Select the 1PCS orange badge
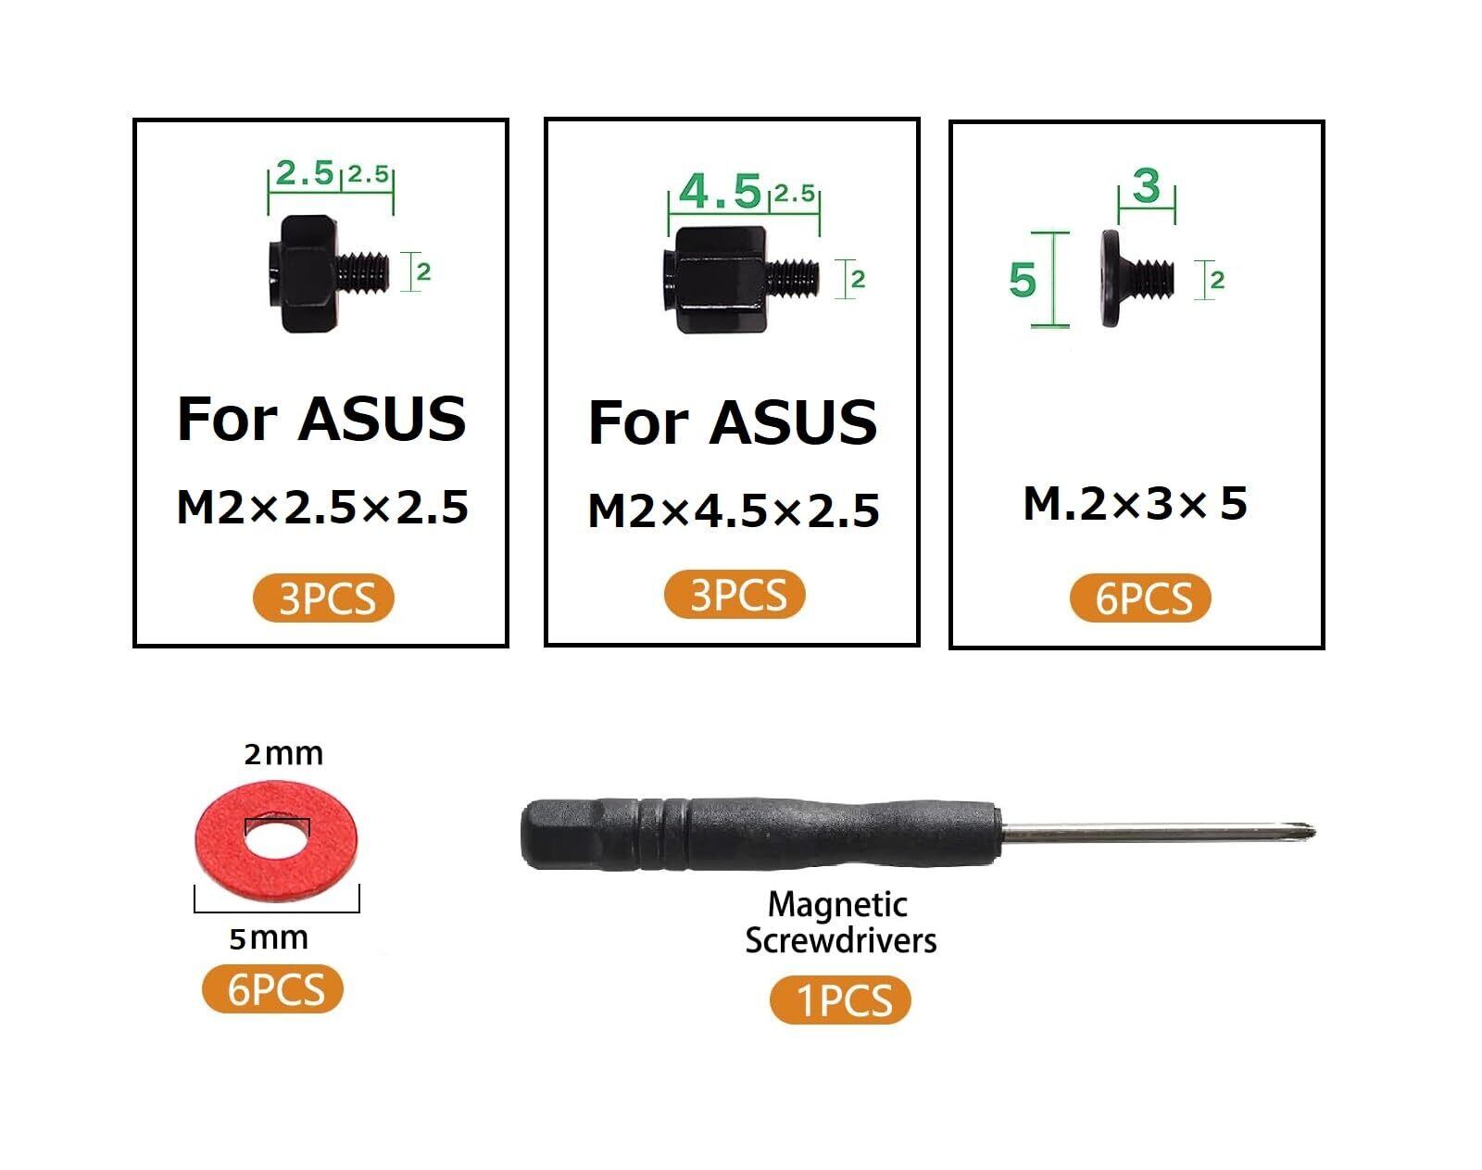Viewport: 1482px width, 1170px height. pos(840,1000)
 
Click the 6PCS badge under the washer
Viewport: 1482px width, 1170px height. pos(272,988)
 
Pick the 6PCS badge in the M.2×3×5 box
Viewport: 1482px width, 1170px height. pos(1140,598)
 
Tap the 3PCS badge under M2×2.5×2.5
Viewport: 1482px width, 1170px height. pos(323,598)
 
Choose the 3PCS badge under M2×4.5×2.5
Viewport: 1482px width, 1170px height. pos(735,595)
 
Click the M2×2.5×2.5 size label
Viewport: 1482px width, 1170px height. pos(322,508)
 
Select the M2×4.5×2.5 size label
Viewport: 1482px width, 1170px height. pos(734,510)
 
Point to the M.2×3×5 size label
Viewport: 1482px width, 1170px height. pos(1136,504)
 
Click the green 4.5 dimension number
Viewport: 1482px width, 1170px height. pos(720,192)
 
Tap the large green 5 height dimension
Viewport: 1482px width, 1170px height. pos(1023,280)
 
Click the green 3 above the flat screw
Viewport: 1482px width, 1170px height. pos(1147,186)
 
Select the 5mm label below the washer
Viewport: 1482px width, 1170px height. pos(269,938)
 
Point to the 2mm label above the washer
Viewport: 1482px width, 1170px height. pos(283,754)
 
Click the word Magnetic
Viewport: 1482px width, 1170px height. pos(838,904)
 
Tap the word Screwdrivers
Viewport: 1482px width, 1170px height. pos(841,940)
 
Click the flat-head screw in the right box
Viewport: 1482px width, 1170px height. pos(1136,278)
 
